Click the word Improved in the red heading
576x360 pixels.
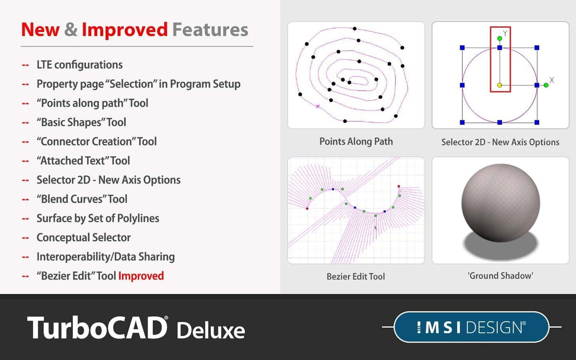pyautogui.click(x=124, y=30)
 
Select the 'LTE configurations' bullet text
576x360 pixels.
pyautogui.click(x=79, y=65)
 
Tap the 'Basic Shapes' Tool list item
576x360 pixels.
pyautogui.click(x=81, y=122)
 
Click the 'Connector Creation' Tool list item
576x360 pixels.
pyautogui.click(x=96, y=142)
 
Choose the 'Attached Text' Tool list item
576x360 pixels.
pyautogui.click(x=83, y=161)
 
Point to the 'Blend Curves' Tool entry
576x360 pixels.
pyautogui.click(x=82, y=199)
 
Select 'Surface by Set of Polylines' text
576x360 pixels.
pyautogui.click(x=98, y=219)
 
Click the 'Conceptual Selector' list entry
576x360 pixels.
pyautogui.click(x=83, y=238)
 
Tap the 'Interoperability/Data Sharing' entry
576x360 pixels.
pyautogui.click(x=105, y=257)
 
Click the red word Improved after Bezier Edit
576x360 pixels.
pyautogui.click(x=141, y=276)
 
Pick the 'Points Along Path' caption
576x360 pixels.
pyautogui.click(x=356, y=141)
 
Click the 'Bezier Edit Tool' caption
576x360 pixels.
pyautogui.click(x=356, y=277)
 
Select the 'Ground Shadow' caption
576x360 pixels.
pyautogui.click(x=500, y=276)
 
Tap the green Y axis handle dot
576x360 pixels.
pyautogui.click(x=500, y=38)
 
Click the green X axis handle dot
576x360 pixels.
pyautogui.click(x=546, y=85)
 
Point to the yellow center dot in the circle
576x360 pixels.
pyautogui.click(x=500, y=86)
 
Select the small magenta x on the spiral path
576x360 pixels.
pyautogui.click(x=318, y=107)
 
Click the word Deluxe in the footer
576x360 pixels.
pyautogui.click(x=210, y=330)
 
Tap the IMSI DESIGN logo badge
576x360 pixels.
pyautogui.click(x=471, y=327)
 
